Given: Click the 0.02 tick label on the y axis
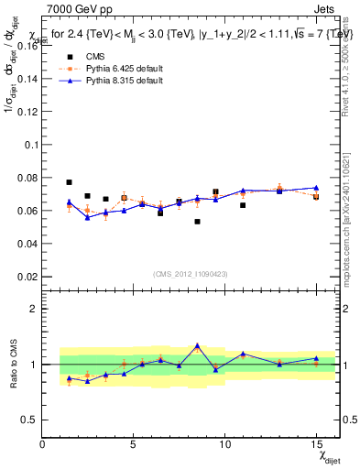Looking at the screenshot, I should pyautogui.click(x=27, y=276).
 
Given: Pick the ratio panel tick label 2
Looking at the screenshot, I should pyautogui.click(x=35, y=309).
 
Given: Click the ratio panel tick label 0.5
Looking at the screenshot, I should pyautogui.click(x=30, y=420).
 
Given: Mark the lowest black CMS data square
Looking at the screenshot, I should pyautogui.click(x=197, y=222).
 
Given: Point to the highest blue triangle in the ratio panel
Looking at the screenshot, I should pyautogui.click(x=197, y=346).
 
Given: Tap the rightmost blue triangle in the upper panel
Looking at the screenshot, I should pyautogui.click(x=316, y=188).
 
